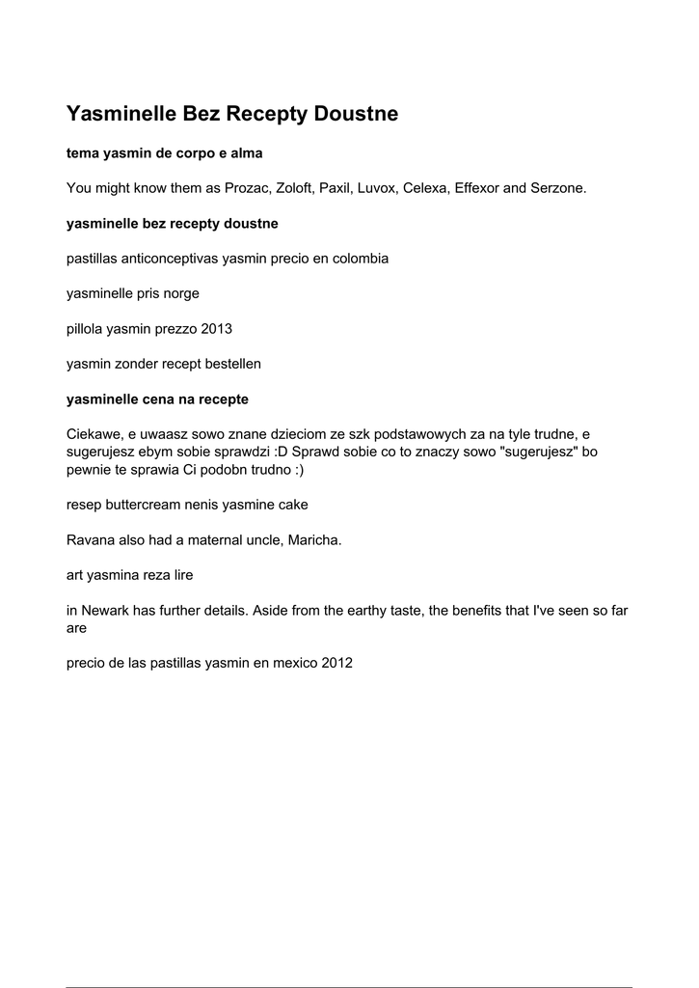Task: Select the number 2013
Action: [x=216, y=329]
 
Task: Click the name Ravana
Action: [x=91, y=540]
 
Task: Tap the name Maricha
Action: [x=314, y=540]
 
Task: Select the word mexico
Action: [x=291, y=663]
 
